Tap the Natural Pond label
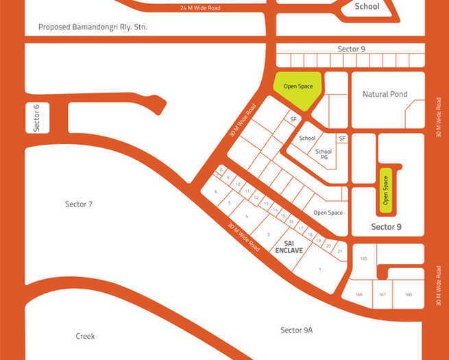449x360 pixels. point(385,94)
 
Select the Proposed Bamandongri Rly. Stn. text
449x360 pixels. point(93,27)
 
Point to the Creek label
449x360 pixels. point(85,336)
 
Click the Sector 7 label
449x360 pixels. point(78,204)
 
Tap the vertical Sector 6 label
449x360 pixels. point(37,117)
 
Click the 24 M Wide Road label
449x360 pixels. point(201,8)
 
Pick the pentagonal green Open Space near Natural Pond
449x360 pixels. point(298,88)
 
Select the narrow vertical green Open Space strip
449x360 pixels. point(385,190)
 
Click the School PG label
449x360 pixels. point(323,154)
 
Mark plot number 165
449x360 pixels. point(363,259)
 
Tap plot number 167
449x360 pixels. point(383,295)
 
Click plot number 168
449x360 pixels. point(409,295)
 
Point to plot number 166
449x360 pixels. point(359,295)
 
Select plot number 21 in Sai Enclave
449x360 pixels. point(340,251)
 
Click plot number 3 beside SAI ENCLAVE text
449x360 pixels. point(269,235)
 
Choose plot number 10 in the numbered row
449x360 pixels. point(238,184)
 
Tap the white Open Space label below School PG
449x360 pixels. point(328,213)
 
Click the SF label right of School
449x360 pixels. point(341,138)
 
